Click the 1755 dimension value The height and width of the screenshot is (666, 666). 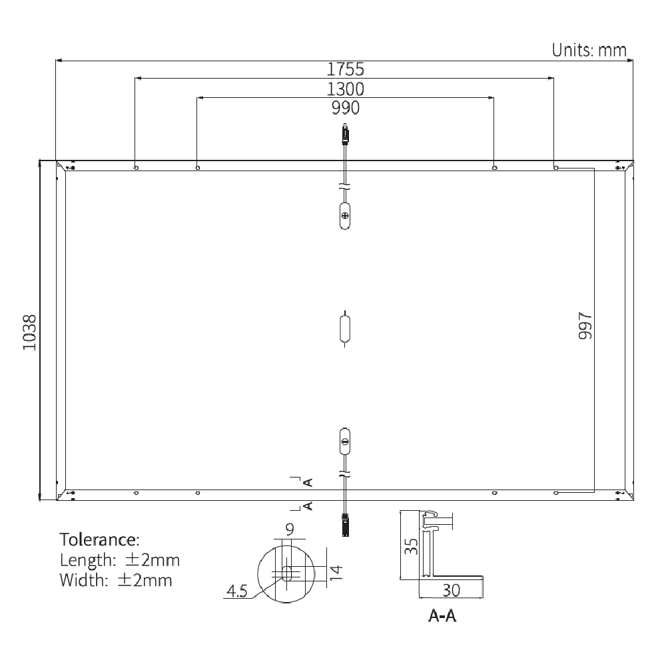point(345,69)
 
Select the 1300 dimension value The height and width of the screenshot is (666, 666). point(345,89)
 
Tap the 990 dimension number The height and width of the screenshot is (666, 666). point(345,108)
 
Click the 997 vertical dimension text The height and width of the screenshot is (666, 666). point(585,326)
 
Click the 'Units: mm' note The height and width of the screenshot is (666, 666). point(589,49)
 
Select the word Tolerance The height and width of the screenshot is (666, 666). point(100,538)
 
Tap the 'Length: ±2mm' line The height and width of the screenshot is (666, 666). point(119,559)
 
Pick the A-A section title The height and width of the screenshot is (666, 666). point(442,617)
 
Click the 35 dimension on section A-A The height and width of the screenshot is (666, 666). point(412,546)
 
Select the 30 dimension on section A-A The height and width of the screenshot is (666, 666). point(450,589)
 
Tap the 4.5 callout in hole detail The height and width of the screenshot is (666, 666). point(237,590)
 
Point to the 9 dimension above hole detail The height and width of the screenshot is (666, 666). point(289,530)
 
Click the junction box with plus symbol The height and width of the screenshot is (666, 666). point(345,216)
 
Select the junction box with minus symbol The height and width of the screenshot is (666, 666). point(345,441)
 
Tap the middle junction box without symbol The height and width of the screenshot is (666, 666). point(345,328)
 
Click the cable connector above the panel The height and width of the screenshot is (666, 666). point(345,135)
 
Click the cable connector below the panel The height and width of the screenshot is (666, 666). point(345,524)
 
